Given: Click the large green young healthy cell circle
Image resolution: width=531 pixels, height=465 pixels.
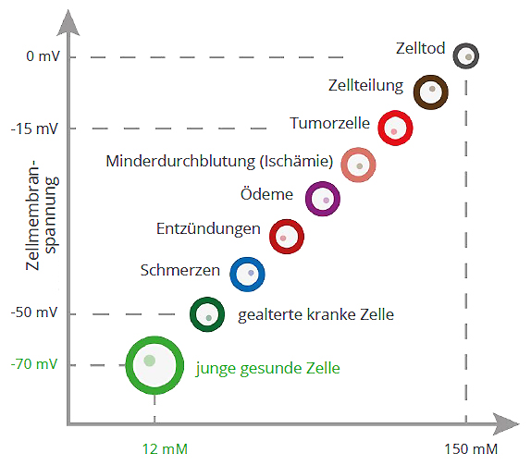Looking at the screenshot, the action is (x=129, y=365).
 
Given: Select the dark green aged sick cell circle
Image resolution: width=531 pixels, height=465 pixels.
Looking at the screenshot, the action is (x=192, y=314).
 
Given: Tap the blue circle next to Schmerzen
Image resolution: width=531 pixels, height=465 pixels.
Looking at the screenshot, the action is (x=233, y=275).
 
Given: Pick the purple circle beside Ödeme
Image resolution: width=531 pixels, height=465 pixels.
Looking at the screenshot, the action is (x=308, y=199).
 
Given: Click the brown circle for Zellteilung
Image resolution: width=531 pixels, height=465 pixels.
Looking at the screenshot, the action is (x=417, y=92).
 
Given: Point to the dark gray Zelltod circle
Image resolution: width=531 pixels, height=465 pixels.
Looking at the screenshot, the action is (x=455, y=55).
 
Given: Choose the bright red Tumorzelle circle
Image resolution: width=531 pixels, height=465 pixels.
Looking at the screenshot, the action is (x=381, y=128).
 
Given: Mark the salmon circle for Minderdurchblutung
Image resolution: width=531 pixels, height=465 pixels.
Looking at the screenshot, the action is (x=344, y=165).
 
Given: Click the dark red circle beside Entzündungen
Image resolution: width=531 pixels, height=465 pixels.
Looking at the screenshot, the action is (x=273, y=237).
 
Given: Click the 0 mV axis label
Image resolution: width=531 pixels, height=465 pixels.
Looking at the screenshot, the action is (x=43, y=55).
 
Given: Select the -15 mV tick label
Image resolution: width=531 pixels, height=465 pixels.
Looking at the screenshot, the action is (x=34, y=128).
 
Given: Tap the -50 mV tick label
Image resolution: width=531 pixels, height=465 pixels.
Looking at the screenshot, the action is (x=34, y=312).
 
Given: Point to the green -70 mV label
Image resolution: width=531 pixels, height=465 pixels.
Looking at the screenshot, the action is (x=34, y=364).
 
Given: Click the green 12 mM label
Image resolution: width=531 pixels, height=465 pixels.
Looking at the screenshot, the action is (x=165, y=449).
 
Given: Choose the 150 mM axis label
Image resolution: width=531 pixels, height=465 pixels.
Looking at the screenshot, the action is (x=471, y=449).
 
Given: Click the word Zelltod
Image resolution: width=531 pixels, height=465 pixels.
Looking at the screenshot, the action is (x=420, y=48).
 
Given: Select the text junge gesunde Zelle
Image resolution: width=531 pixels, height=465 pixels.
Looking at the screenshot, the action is (x=268, y=368).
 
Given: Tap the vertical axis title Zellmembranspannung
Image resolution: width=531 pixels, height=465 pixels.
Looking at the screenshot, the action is (x=42, y=214).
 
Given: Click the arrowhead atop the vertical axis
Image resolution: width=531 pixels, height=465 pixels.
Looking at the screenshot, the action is (x=68, y=22).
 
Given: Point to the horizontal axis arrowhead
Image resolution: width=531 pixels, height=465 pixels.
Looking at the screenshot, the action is (x=506, y=423).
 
